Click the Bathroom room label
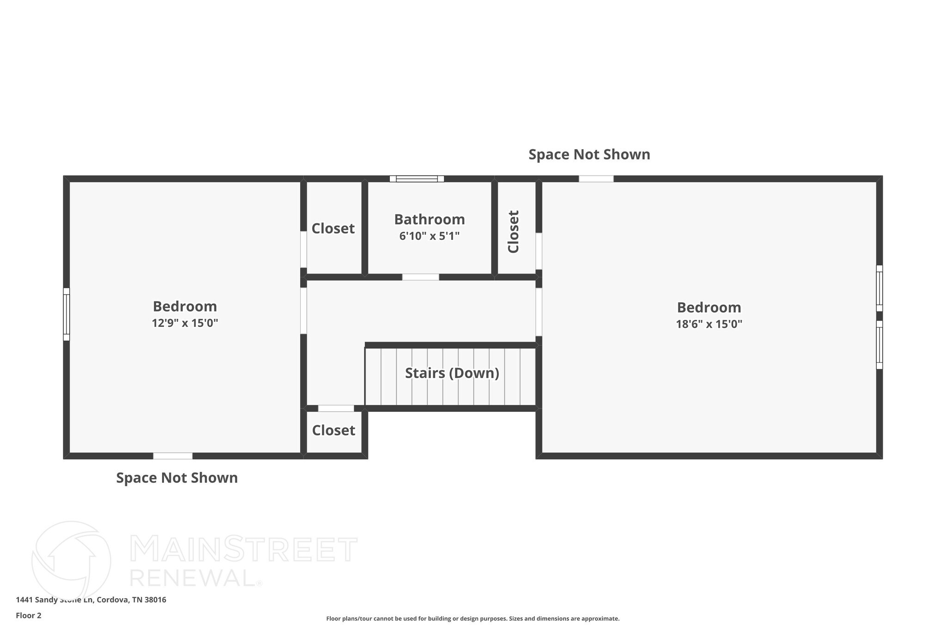pos(429,219)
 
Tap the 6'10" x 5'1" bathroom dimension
pos(429,236)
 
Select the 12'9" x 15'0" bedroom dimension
pos(185,323)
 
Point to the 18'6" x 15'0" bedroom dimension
pos(709,324)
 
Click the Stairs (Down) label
pos(452,373)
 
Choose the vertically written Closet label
pos(513,232)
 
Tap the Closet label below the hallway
pos(334,430)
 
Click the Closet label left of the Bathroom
pos(333,228)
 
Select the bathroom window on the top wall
pos(417,179)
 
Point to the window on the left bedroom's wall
pos(67,314)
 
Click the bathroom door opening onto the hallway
pos(420,277)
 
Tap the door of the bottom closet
pos(336,408)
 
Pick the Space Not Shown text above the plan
pos(589,154)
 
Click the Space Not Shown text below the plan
pos(177,478)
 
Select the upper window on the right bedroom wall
pos(879,288)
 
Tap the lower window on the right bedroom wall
pos(879,345)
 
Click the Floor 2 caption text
pos(29,615)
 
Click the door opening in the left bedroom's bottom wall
pos(173,456)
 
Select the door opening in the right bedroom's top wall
pos(596,179)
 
